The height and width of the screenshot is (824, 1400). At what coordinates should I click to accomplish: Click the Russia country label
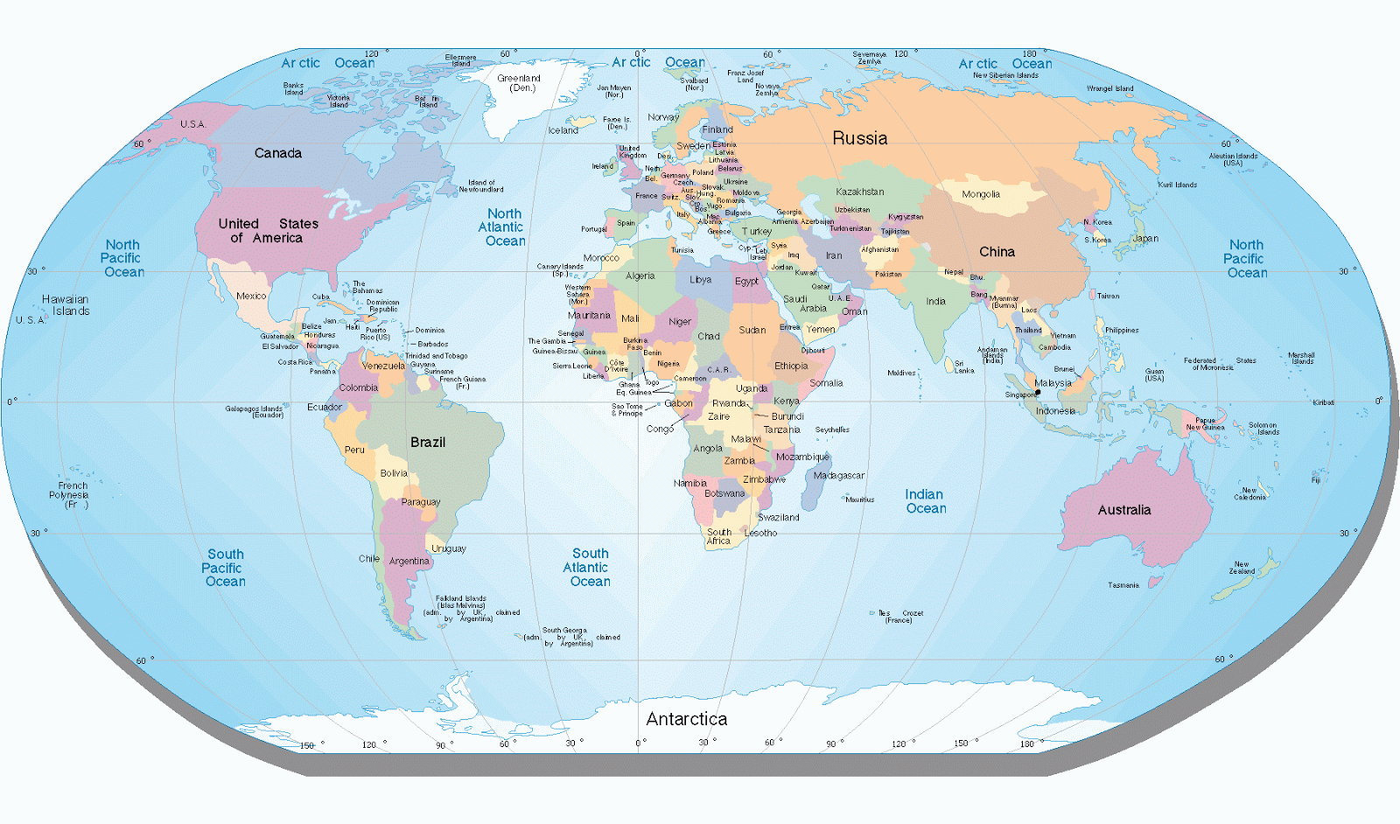point(859,138)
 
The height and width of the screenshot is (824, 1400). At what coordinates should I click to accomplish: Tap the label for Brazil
point(428,443)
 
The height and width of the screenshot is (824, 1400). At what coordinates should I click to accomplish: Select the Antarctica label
point(686,719)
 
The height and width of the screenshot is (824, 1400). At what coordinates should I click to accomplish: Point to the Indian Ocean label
point(925,501)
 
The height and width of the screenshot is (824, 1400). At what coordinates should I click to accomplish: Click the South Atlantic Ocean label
point(589,568)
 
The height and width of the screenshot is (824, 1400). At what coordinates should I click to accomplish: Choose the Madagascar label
point(838,476)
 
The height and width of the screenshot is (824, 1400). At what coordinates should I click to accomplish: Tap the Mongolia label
point(981,194)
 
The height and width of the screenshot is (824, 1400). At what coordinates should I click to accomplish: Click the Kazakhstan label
point(859,192)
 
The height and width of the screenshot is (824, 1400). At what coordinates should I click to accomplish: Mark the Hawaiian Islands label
point(66,304)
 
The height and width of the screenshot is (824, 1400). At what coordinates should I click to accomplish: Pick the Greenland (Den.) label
point(520,83)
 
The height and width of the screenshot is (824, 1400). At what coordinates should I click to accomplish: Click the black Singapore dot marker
point(1038,393)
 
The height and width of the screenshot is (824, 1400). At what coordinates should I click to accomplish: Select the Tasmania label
point(1123,585)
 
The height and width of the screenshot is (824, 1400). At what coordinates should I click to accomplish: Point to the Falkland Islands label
point(461,602)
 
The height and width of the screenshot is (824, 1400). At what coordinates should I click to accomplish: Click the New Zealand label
point(1242,568)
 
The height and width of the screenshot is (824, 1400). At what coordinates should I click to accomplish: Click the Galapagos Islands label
point(254,411)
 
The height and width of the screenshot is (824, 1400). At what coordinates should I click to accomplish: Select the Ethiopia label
point(791,367)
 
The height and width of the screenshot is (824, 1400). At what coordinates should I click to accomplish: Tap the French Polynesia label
point(72,495)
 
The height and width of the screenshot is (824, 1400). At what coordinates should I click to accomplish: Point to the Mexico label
point(251,296)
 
